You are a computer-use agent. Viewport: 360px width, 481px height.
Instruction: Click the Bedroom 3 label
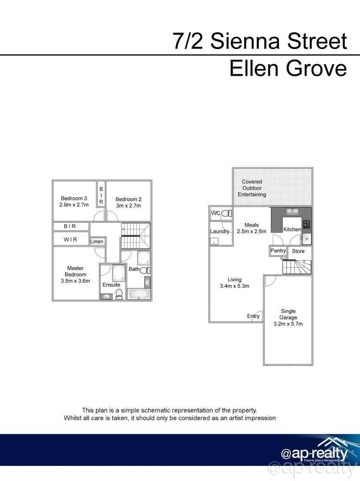tap(74, 198)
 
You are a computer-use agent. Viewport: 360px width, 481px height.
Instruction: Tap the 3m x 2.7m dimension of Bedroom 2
tap(128, 206)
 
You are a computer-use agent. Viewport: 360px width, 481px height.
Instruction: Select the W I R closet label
tap(70, 240)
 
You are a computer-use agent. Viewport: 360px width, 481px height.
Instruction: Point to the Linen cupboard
tap(97, 241)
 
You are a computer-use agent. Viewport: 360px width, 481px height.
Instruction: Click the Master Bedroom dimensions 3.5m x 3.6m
tap(75, 281)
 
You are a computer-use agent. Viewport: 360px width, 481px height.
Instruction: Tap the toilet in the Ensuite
tap(119, 293)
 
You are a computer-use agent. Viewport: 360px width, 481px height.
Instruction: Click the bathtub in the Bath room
tap(139, 294)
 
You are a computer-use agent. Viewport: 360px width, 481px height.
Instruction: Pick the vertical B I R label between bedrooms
tap(101, 196)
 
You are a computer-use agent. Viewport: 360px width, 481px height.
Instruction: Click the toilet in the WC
tap(226, 214)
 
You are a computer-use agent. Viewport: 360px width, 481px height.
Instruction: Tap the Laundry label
tap(220, 231)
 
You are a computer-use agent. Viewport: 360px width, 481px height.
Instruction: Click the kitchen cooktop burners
tap(307, 224)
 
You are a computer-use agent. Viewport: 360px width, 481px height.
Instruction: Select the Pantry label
tap(278, 251)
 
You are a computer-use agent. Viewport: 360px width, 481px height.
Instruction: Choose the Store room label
tap(298, 251)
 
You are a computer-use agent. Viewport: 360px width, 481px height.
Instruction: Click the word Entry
tap(253, 316)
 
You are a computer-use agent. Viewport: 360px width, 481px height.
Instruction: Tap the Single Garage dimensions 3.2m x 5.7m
tap(288, 324)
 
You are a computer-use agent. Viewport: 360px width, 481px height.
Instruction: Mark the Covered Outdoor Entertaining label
tap(252, 188)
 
